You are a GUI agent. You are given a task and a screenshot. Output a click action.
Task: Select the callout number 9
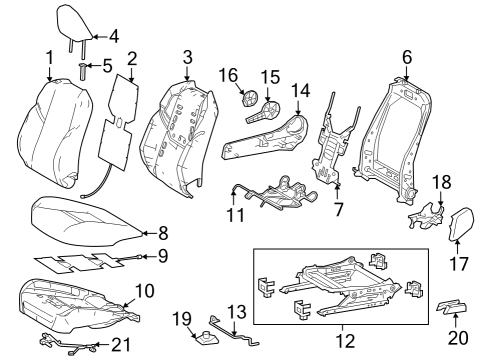(x=163, y=257)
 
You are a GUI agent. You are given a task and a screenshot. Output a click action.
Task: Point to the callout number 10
(x=144, y=291)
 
